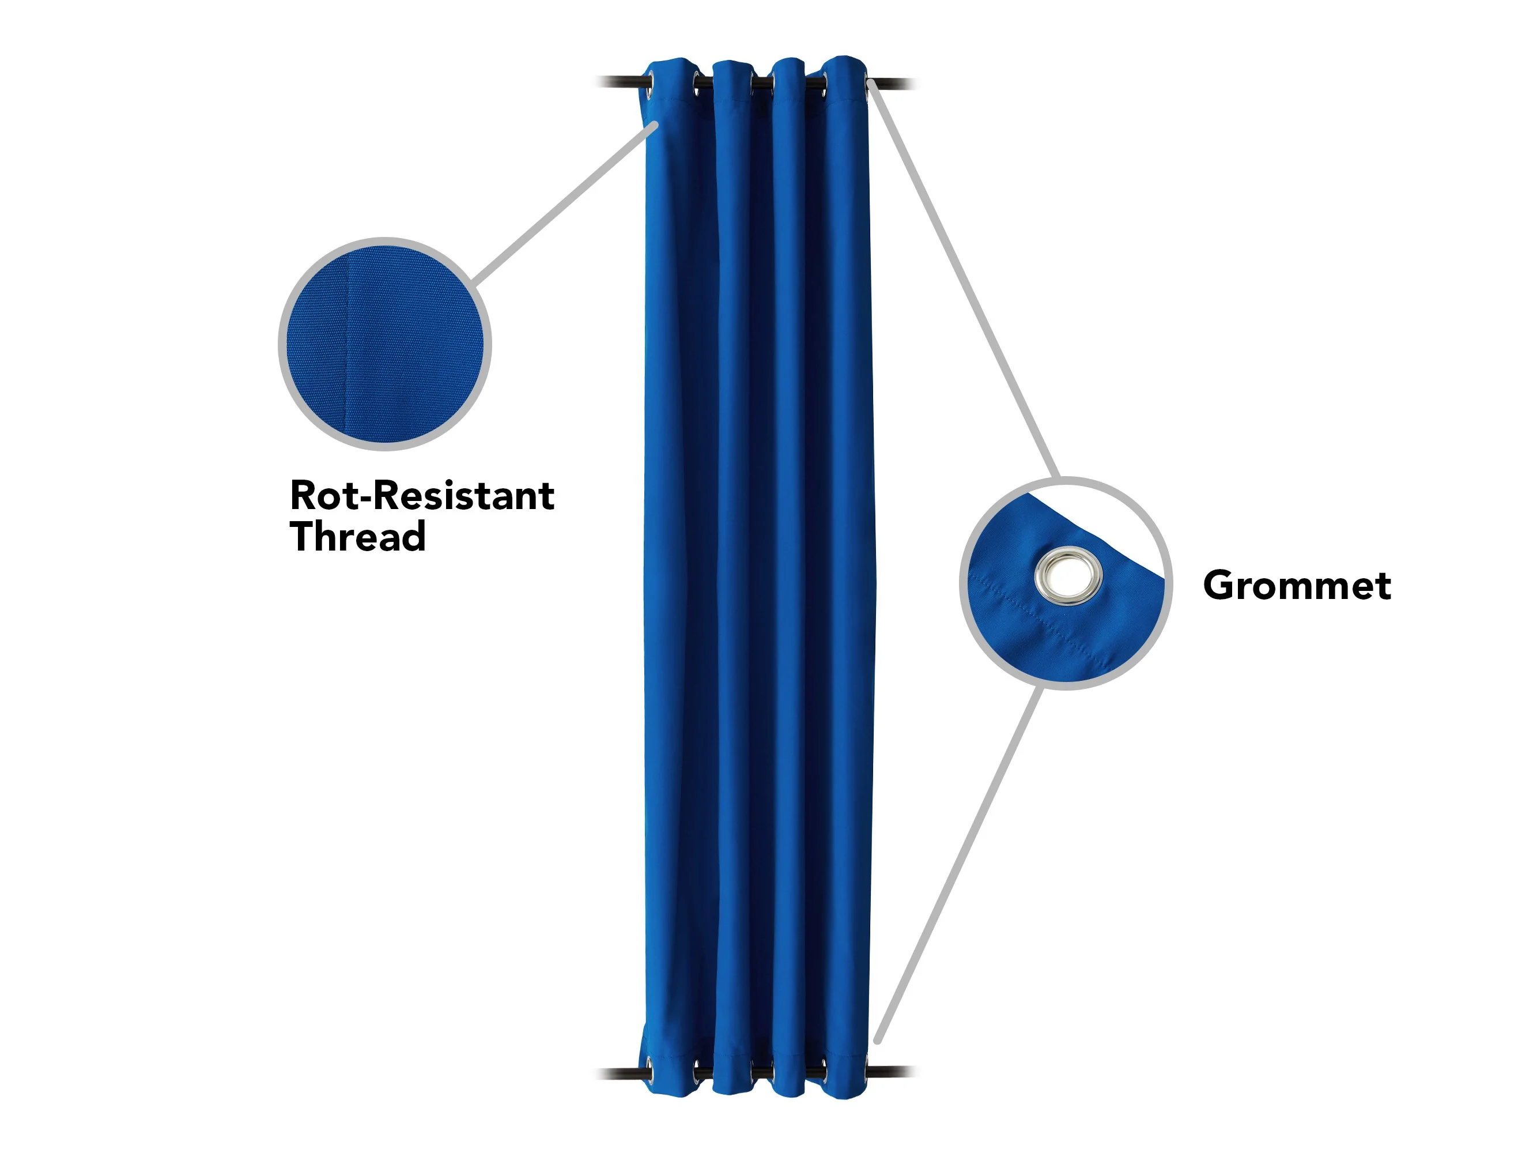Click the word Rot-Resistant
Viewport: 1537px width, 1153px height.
(422, 496)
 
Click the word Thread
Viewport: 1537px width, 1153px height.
(358, 537)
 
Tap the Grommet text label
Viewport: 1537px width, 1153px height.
(1297, 585)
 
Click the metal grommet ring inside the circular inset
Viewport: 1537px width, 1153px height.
(1068, 576)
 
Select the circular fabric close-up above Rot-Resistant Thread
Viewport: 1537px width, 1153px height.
(385, 344)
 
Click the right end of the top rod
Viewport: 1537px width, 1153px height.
(916, 84)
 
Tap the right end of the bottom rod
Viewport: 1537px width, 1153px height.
(916, 1071)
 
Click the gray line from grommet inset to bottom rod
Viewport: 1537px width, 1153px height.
(960, 865)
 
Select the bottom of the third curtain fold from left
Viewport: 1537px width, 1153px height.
(790, 1091)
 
